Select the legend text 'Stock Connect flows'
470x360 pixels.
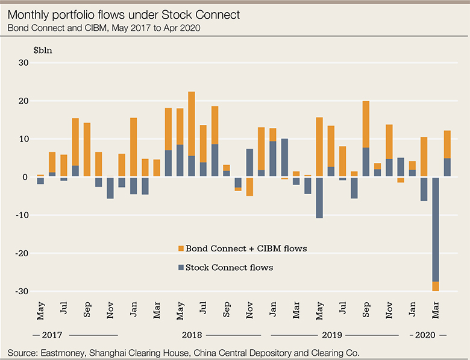[x=230, y=267]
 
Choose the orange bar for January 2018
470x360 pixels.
[x=133, y=147]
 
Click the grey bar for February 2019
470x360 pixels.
[x=284, y=157]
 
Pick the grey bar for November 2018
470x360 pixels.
[x=249, y=163]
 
